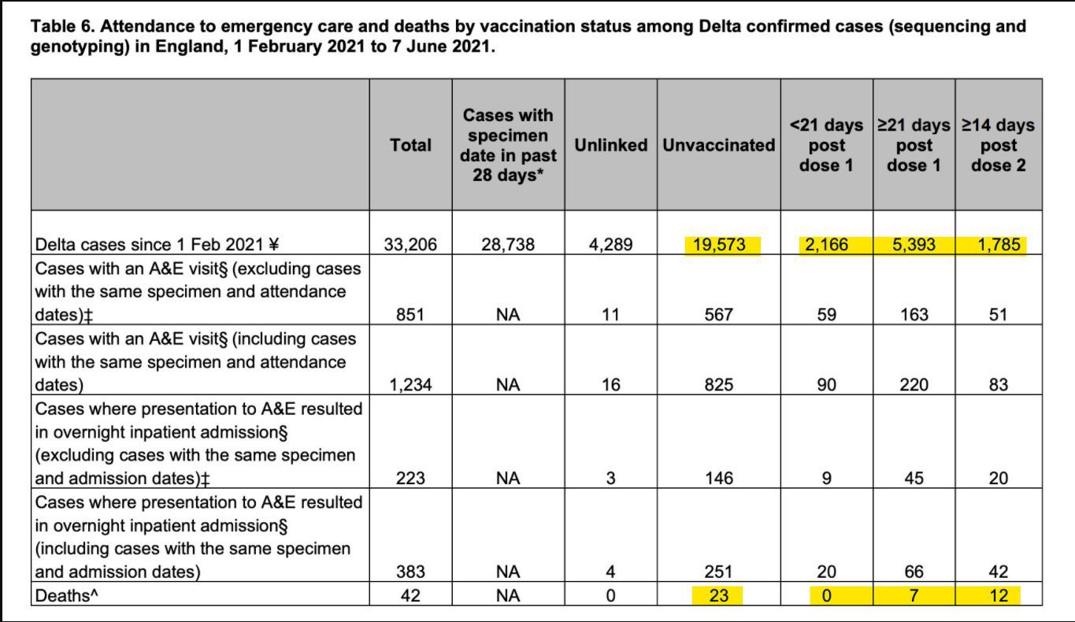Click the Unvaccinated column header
tap(719, 145)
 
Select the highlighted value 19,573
tap(719, 245)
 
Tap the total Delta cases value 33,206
tap(410, 245)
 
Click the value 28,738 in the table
tap(508, 245)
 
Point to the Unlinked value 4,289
tap(610, 245)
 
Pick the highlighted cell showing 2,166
tap(826, 245)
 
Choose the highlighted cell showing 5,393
tap(914, 245)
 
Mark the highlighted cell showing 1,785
tap(998, 245)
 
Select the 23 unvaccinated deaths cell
tap(719, 596)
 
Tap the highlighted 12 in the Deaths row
tap(998, 596)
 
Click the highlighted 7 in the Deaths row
tap(914, 596)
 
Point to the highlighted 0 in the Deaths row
tap(826, 596)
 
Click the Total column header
tap(410, 145)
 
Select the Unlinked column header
tap(610, 145)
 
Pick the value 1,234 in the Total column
tap(410, 385)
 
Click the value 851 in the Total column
tap(410, 315)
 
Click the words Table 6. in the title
tap(63, 27)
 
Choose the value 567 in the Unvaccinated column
tap(719, 315)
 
